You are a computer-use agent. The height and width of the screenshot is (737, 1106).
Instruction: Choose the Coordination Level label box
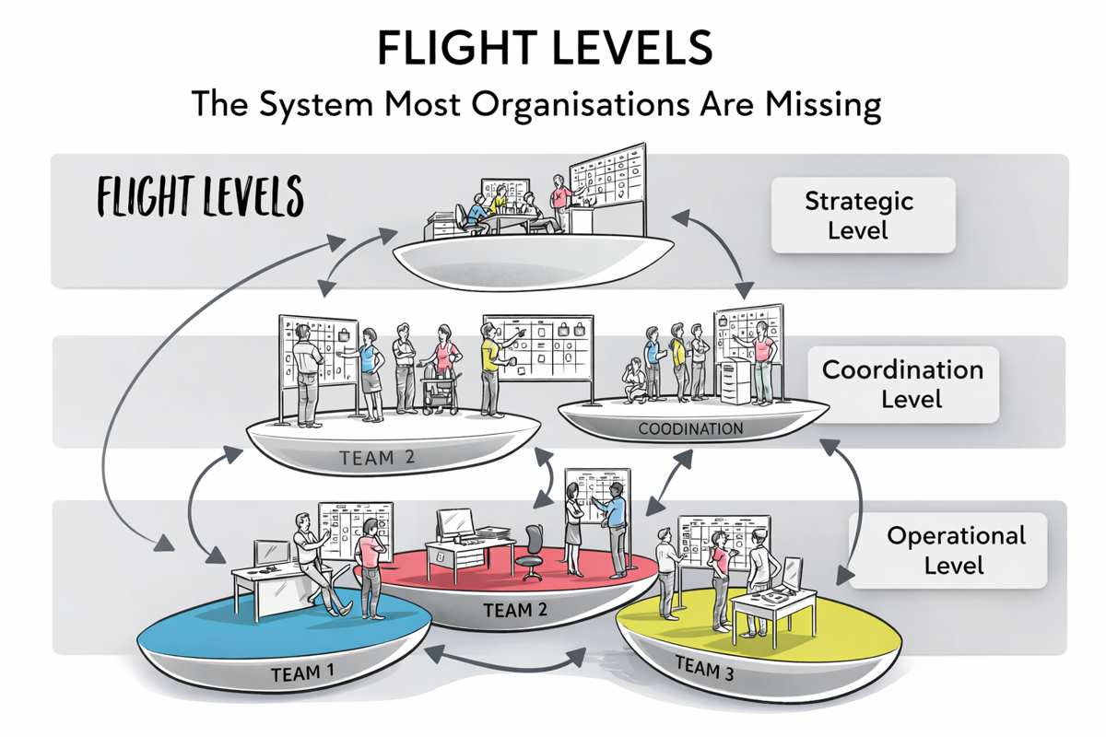click(902, 384)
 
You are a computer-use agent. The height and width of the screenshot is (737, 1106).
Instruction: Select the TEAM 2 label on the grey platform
click(378, 457)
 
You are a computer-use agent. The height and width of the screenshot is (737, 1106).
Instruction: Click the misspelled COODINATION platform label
click(690, 429)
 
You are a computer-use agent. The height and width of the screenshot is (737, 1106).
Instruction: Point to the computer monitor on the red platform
click(457, 524)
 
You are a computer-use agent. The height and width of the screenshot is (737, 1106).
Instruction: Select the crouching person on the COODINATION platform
click(635, 381)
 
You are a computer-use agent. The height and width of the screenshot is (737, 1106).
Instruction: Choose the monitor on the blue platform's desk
click(272, 554)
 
